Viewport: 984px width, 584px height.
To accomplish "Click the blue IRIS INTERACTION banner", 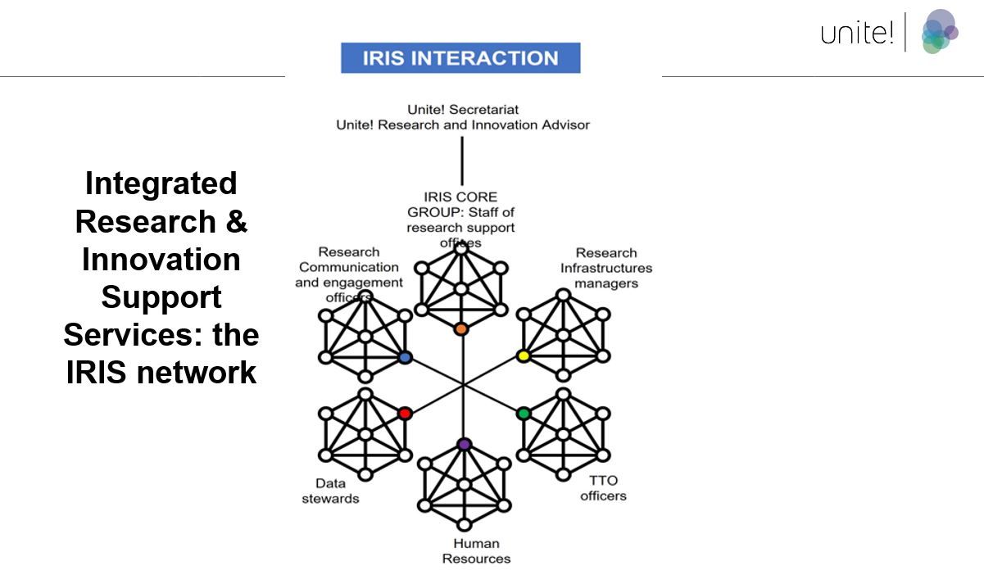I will (460, 58).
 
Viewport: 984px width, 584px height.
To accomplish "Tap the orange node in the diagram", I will (460, 328).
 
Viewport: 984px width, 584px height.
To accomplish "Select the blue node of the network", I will (404, 358).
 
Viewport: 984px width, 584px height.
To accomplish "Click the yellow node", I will (524, 356).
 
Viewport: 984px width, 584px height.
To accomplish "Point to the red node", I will (404, 414).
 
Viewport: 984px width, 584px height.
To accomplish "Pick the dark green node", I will (524, 414).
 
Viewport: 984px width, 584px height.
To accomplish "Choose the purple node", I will (464, 444).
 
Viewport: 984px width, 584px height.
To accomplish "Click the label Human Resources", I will (476, 551).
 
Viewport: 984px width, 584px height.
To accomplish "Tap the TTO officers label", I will (603, 488).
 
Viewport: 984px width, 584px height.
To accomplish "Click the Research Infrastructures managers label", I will (606, 268).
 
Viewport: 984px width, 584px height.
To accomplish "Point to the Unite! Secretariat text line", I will (463, 109).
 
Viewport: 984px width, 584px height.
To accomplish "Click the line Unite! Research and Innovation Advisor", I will (463, 125).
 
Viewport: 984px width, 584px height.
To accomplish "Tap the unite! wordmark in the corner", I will (857, 34).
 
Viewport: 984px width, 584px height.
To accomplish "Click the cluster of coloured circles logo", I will (938, 32).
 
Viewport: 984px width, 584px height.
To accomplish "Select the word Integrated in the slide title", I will (161, 183).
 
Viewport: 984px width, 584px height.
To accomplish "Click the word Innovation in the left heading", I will (161, 260).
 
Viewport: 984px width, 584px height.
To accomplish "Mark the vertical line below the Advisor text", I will (462, 161).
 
